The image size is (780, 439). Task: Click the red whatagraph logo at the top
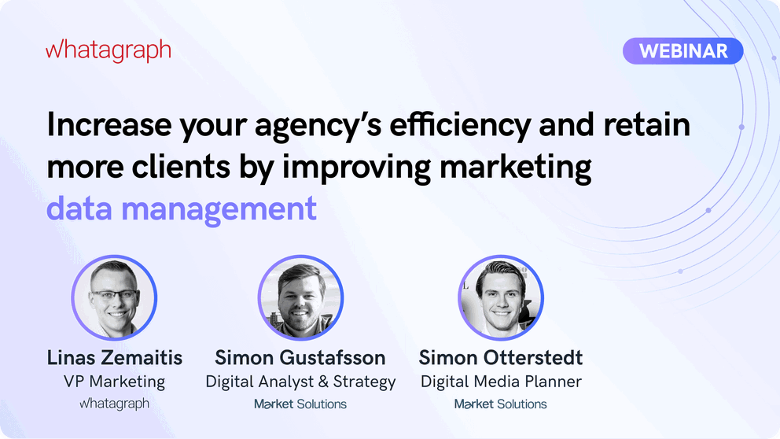coord(109,51)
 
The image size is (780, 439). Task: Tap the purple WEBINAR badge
coord(682,51)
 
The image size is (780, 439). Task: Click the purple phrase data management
coord(182,209)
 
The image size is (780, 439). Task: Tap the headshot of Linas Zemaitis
coord(115,298)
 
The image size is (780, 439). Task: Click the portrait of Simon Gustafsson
coord(300,298)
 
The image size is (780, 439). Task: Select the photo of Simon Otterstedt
coord(501,298)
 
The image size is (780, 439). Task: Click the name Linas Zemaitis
coord(115,358)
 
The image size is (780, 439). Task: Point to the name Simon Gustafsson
coord(300,358)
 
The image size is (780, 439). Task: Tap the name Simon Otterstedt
coord(501,358)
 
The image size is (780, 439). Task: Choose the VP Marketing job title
coord(115,382)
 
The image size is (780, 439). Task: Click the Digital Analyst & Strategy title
coord(300,382)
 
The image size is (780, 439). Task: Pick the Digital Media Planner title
coord(501,382)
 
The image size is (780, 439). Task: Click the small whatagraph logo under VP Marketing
coord(115,404)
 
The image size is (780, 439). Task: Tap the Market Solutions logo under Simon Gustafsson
coord(300,404)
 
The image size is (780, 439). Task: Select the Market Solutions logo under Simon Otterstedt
coord(501,404)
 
